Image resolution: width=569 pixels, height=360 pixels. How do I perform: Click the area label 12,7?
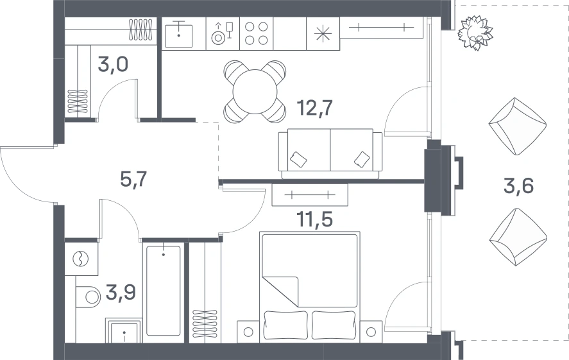pyautogui.click(x=314, y=108)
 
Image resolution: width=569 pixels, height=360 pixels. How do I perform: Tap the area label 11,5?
pyautogui.click(x=314, y=219)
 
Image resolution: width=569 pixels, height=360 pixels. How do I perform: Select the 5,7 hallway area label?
pyautogui.click(x=133, y=179)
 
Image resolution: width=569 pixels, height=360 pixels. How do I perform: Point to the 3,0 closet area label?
pyautogui.click(x=112, y=65)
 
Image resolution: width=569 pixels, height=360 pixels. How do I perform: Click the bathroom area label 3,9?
pyautogui.click(x=121, y=293)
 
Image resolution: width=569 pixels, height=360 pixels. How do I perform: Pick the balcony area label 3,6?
pyautogui.click(x=518, y=187)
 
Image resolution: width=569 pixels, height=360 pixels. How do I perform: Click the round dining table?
pyautogui.click(x=255, y=92)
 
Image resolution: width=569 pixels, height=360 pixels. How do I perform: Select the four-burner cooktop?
pyautogui.click(x=256, y=33)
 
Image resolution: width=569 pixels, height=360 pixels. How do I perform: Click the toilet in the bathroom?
pyautogui.click(x=87, y=297)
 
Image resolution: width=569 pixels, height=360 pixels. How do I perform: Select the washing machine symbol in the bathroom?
pyautogui.click(x=81, y=259)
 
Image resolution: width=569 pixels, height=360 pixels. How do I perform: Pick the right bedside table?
pyautogui.click(x=371, y=332)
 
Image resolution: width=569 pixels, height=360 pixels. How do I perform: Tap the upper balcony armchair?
pyautogui.click(x=518, y=126)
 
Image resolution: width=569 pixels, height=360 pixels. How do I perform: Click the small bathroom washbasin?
pyautogui.click(x=123, y=330)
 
